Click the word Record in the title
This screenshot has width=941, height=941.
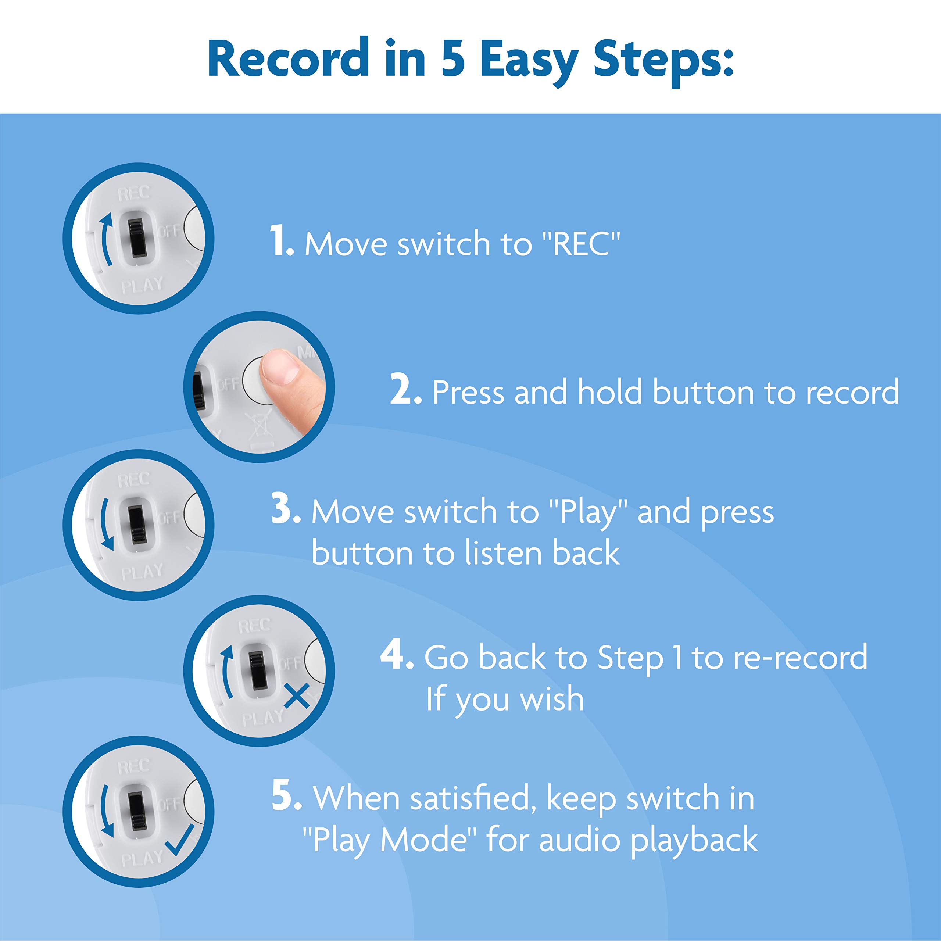pyautogui.click(x=288, y=58)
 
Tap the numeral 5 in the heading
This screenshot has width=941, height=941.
pyautogui.click(x=453, y=58)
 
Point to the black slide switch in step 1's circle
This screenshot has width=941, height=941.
pyautogui.click(x=137, y=238)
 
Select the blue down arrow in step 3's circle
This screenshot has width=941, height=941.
pyautogui.click(x=107, y=524)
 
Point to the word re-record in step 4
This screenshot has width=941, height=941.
pyautogui.click(x=800, y=657)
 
